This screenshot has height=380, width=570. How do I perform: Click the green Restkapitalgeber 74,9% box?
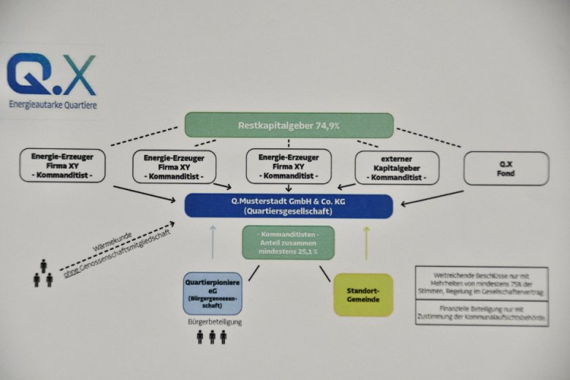(289, 126)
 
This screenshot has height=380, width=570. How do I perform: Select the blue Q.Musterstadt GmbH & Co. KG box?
(288, 205)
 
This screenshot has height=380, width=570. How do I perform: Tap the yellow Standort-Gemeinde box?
(362, 294)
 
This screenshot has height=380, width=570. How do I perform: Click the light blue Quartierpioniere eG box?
(212, 293)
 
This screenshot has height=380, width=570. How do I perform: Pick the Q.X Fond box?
(506, 168)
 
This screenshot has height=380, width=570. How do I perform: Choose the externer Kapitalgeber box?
(397, 168)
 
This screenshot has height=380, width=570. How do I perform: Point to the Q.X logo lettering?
(50, 75)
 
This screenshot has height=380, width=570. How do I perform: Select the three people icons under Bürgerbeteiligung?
(211, 337)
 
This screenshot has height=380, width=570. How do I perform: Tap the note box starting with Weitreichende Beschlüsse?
(482, 283)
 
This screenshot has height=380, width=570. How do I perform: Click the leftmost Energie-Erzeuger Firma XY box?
(63, 166)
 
